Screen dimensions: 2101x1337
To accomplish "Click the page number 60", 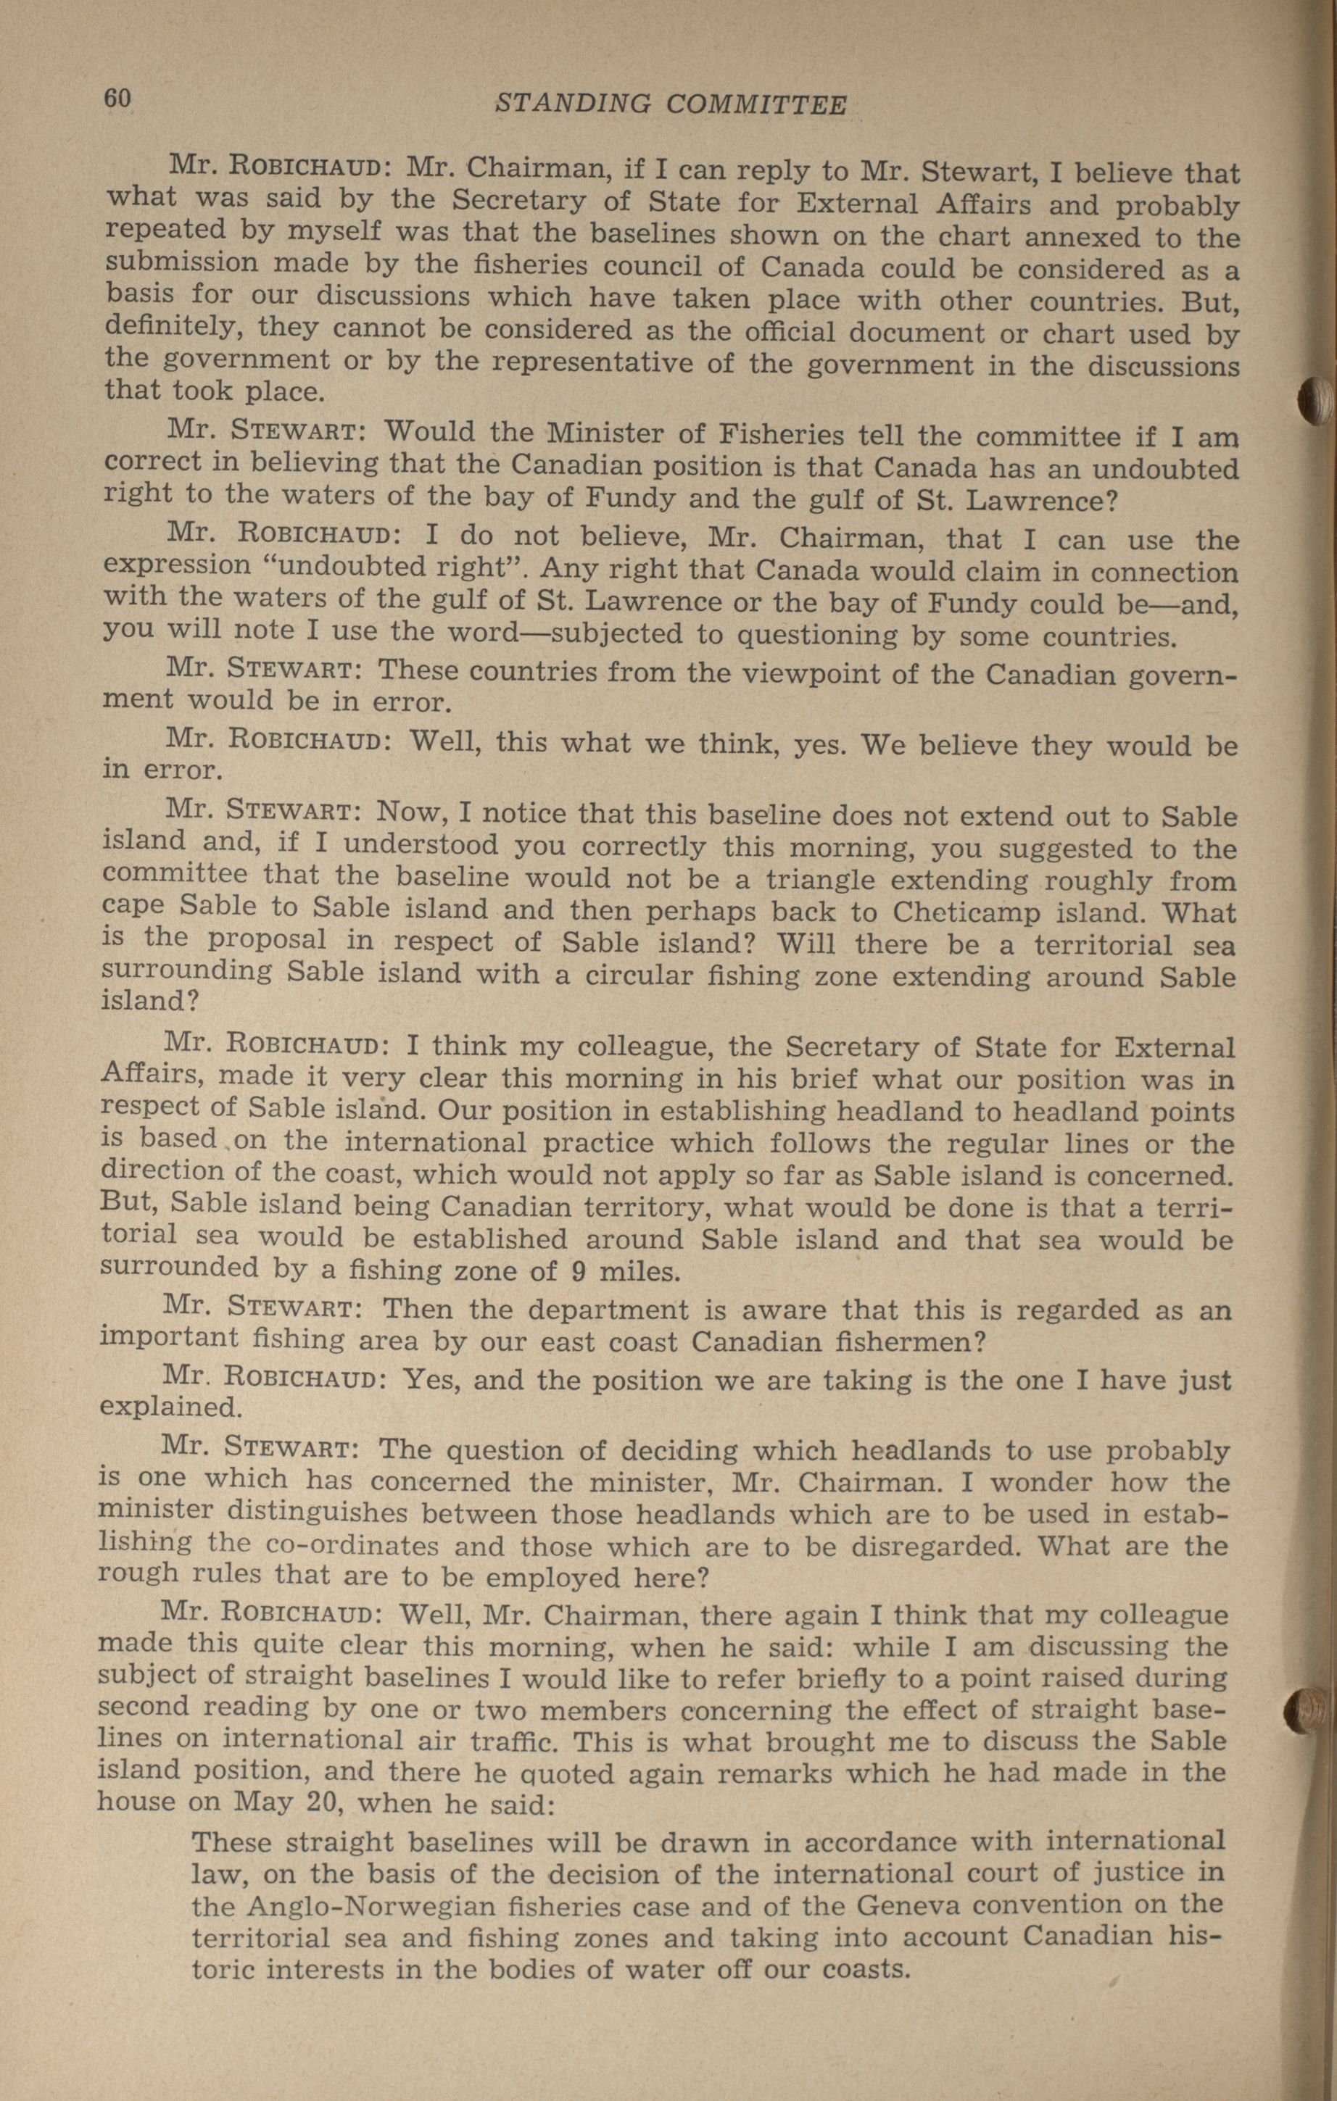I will (117, 99).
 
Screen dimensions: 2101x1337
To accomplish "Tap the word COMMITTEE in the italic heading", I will (756, 106).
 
